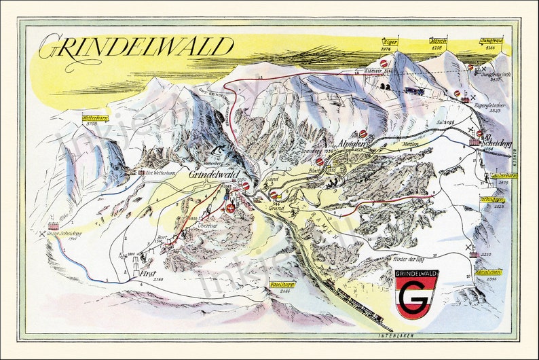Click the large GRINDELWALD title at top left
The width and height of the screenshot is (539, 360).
pyautogui.click(x=136, y=48)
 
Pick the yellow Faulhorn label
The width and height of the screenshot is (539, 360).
pyautogui.click(x=279, y=285)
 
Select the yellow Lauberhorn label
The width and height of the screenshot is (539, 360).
pyautogui.click(x=502, y=175)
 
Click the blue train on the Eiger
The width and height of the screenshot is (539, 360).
pyautogui.click(x=414, y=90)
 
